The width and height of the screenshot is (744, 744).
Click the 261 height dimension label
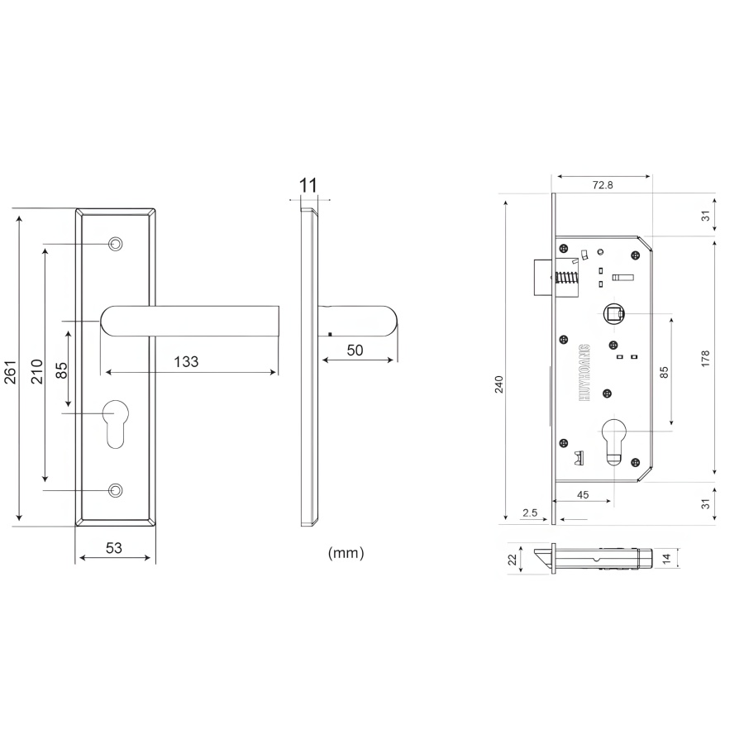[x=11, y=372]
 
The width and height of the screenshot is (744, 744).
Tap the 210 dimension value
[x=36, y=371]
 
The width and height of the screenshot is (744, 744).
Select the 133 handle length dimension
[x=186, y=361]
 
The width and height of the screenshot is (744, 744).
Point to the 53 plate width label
[x=114, y=548]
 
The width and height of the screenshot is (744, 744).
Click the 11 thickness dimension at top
[x=308, y=185]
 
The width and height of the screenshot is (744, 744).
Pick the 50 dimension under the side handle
[x=355, y=351]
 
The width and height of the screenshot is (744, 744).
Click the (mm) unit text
[x=346, y=553]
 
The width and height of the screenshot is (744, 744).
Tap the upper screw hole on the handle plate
[x=115, y=245]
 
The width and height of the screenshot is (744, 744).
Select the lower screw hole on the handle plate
[x=115, y=489]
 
